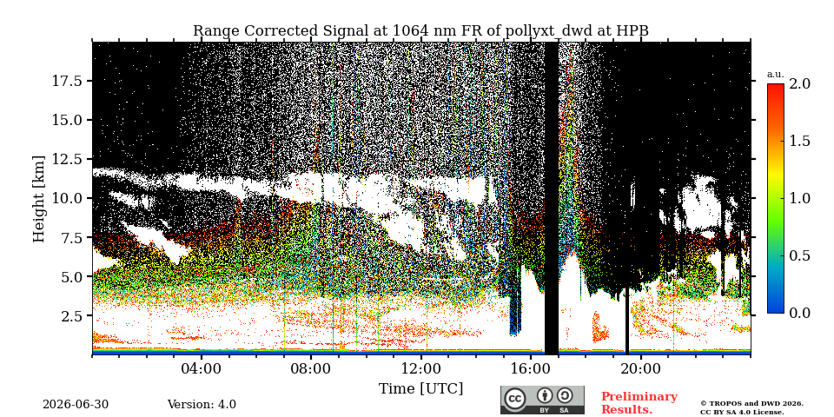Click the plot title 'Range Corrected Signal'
(x=280, y=31)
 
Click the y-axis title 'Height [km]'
(x=39, y=199)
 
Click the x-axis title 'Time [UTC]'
(x=420, y=389)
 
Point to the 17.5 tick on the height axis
(x=68, y=81)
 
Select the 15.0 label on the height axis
(x=68, y=120)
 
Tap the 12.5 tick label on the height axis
(x=68, y=159)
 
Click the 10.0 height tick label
(x=68, y=198)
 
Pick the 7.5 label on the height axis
(x=72, y=238)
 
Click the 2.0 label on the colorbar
(x=799, y=83)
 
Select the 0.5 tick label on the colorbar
(x=799, y=255)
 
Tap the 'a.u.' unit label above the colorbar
(x=776, y=75)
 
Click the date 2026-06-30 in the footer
(x=76, y=405)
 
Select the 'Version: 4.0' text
(x=202, y=405)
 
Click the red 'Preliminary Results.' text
(x=639, y=402)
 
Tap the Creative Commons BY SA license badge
(x=542, y=400)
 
